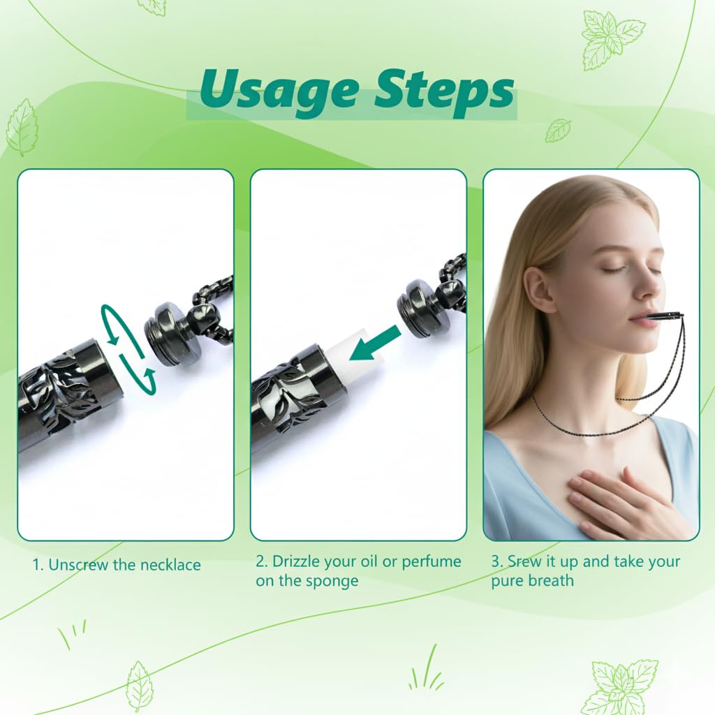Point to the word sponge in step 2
point(333,581)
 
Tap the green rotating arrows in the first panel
point(128,349)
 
